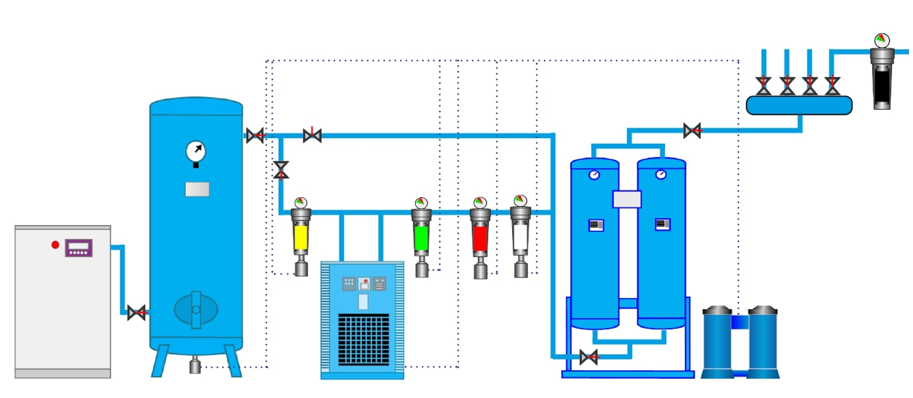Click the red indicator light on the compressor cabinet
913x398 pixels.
[x=55, y=244]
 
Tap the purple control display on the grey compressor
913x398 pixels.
[x=78, y=248]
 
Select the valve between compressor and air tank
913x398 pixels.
[x=136, y=313]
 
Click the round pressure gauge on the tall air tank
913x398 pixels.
[x=196, y=151]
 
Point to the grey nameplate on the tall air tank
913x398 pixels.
[x=197, y=189]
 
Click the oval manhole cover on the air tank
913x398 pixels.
[x=196, y=310]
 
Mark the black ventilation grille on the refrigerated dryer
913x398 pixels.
[x=363, y=340]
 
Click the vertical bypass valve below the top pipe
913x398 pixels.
[x=281, y=169]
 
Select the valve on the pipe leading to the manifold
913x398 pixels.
[x=692, y=131]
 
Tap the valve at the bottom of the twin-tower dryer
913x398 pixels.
[x=589, y=357]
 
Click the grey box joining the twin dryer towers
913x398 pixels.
[x=626, y=199]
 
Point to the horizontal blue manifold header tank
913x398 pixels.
[x=799, y=105]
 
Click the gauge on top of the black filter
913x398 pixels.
[x=882, y=40]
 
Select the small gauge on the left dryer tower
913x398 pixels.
[x=594, y=175]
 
